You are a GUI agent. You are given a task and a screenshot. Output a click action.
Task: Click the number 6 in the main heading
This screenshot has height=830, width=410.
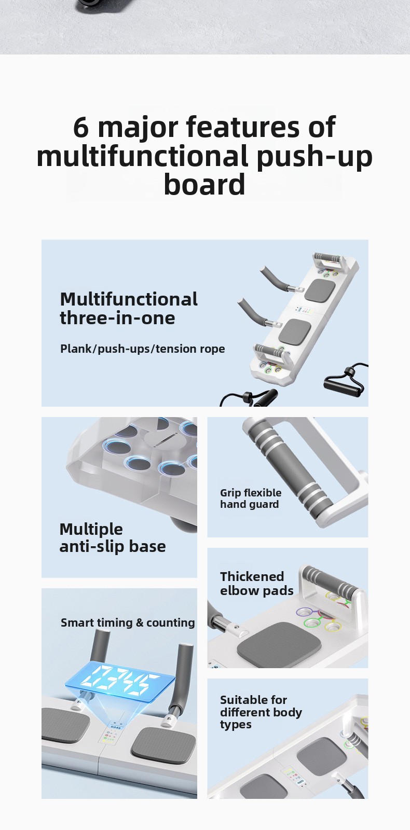[81, 127]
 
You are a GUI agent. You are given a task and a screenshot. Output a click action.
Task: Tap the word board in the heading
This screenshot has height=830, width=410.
[204, 184]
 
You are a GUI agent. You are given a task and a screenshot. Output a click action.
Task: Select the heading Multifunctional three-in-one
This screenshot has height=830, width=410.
[129, 309]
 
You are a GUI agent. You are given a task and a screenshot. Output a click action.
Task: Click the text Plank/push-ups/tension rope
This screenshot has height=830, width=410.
[142, 349]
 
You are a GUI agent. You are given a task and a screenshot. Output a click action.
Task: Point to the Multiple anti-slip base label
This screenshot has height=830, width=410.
[112, 537]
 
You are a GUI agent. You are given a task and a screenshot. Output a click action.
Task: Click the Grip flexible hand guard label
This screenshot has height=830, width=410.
[251, 499]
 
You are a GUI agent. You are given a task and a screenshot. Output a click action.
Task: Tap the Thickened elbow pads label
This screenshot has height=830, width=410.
[257, 583]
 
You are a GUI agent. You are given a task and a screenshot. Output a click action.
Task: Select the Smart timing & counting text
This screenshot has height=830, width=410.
[128, 622]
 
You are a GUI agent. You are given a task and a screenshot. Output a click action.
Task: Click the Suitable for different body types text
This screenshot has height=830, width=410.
[261, 712]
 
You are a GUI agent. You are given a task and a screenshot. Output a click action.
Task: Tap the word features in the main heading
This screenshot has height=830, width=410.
[244, 127]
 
